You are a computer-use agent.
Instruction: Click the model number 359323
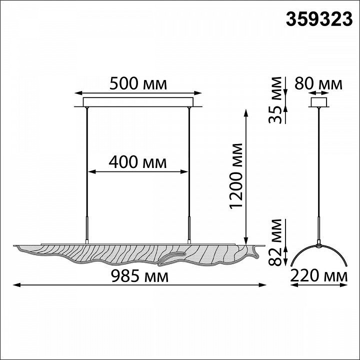[x=319, y=19]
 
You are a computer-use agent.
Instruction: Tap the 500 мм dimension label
[x=138, y=83]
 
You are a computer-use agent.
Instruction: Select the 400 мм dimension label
[x=138, y=162]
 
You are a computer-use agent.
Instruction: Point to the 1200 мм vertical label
[x=236, y=176]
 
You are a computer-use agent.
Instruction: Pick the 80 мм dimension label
[x=318, y=83]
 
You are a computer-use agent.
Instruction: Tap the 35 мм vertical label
[x=275, y=100]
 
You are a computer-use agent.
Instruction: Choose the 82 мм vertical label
[x=275, y=242]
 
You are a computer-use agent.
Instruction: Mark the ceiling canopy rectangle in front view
[x=138, y=102]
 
